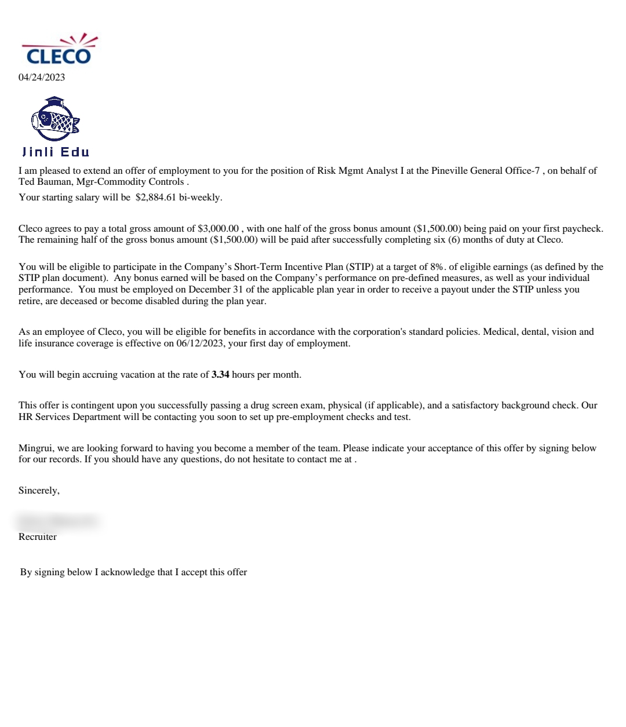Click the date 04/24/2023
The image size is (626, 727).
[42, 78]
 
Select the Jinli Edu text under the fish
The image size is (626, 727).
[56, 152]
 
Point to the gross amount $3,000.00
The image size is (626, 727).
[218, 229]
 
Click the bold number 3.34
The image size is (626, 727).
[220, 375]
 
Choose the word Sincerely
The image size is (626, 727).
[38, 491]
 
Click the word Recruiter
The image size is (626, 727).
[38, 537]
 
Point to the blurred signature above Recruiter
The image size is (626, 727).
[58, 521]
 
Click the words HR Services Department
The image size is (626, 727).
[70, 417]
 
